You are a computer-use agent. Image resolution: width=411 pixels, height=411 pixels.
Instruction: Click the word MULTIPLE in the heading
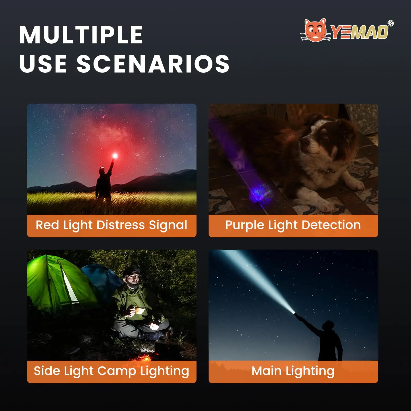[x=81, y=35]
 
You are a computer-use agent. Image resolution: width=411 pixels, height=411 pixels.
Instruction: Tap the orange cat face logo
[x=315, y=30]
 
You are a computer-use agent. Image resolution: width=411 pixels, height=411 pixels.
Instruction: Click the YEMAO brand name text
[x=360, y=32]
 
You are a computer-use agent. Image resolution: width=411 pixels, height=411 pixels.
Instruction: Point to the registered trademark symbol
[x=390, y=23]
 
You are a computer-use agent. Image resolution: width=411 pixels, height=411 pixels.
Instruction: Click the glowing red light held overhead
[x=115, y=155]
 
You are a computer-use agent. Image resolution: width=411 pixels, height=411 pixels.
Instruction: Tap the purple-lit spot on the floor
[x=258, y=192]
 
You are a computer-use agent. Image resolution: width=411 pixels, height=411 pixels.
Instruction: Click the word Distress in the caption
[x=120, y=225]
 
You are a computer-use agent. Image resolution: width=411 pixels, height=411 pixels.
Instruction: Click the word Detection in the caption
[x=331, y=225]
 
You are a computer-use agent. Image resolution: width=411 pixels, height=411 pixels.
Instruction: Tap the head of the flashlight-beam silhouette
[x=329, y=326]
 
